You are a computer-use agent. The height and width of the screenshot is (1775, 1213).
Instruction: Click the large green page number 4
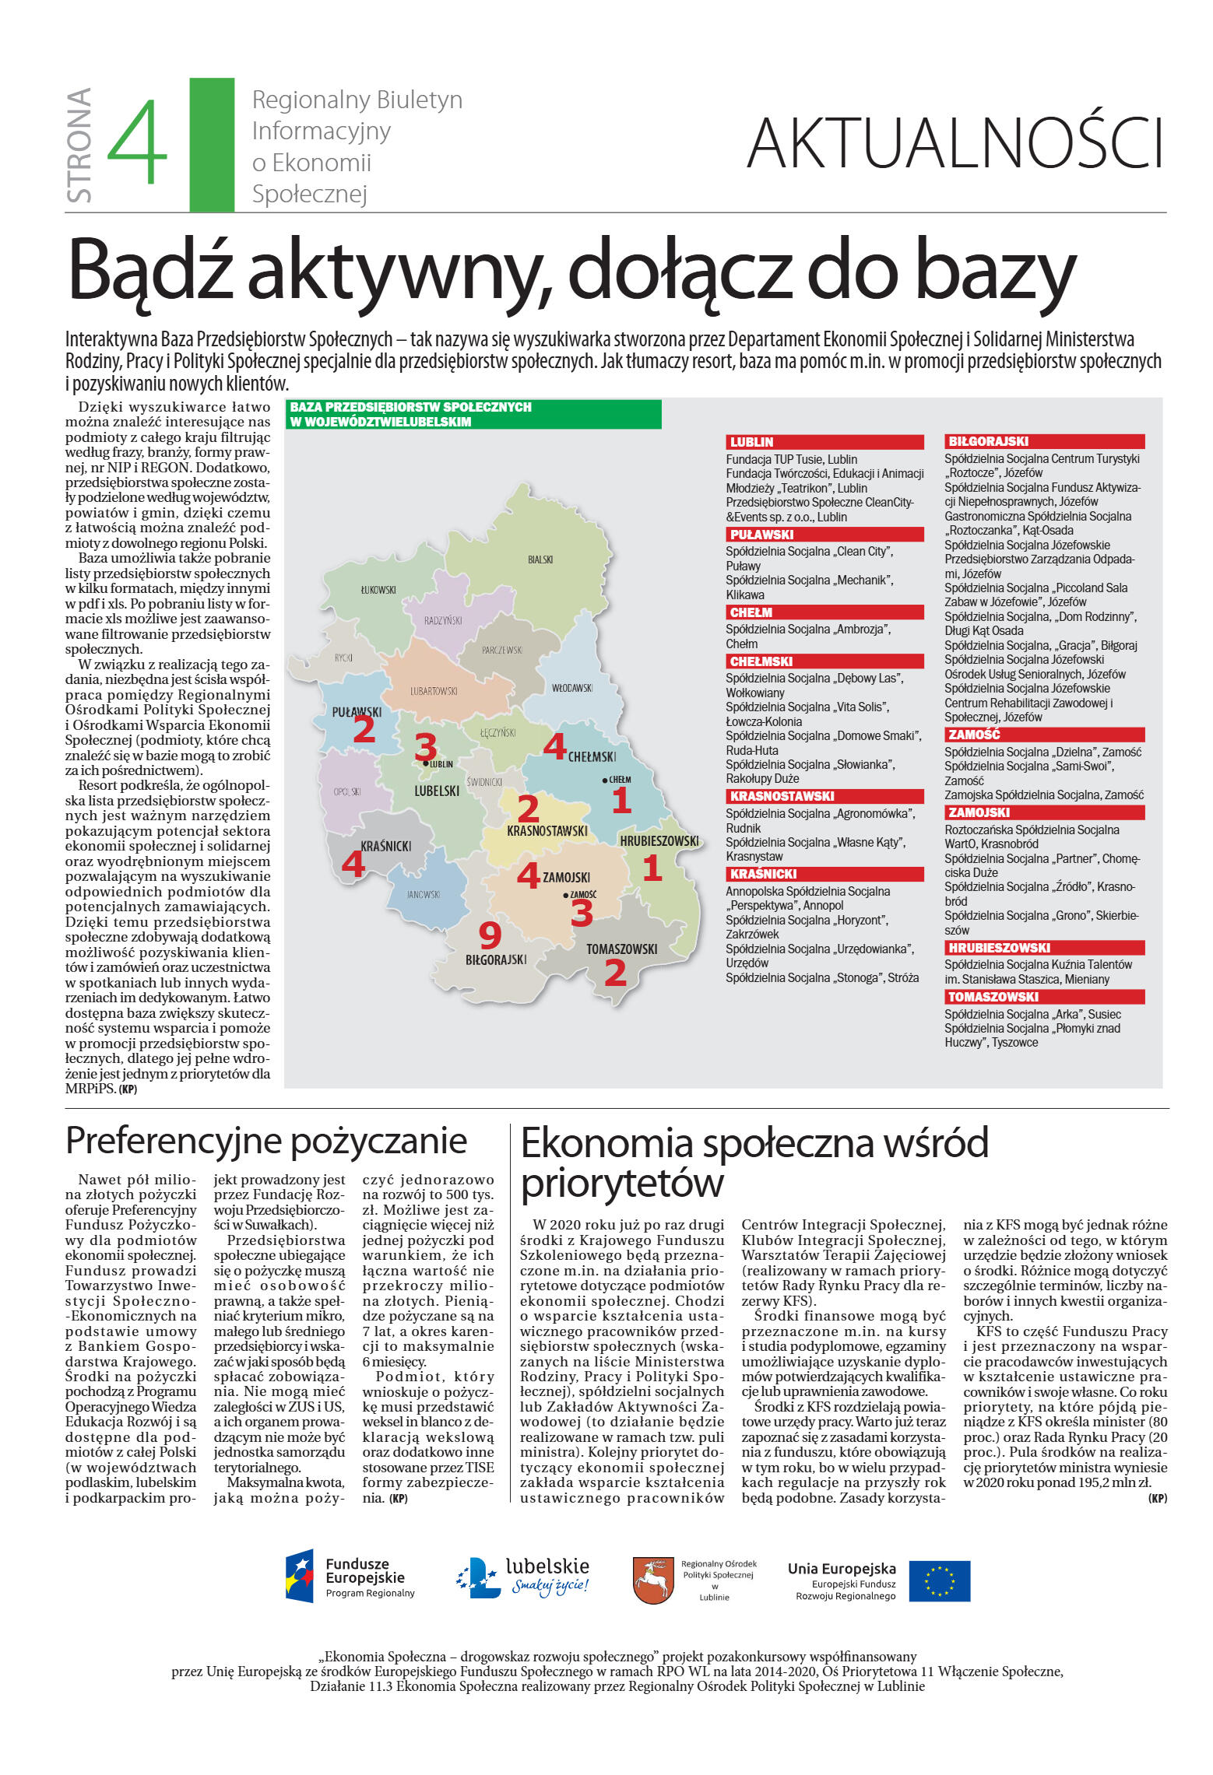[137, 143]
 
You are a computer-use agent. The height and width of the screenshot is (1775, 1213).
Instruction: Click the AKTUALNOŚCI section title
[955, 143]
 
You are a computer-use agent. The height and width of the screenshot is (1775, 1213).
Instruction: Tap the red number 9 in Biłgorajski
[489, 935]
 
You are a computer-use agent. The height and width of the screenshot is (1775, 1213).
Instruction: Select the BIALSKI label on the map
[540, 560]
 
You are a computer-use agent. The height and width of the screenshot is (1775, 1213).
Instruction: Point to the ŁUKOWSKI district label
[378, 590]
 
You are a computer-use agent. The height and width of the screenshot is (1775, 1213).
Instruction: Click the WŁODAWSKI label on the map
[571, 688]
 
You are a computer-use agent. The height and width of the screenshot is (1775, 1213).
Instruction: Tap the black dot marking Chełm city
[604, 780]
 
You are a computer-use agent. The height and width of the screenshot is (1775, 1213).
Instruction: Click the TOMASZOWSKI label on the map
[621, 949]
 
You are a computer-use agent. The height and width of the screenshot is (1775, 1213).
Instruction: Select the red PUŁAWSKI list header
[824, 535]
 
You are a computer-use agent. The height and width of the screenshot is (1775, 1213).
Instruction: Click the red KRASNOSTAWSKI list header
[824, 796]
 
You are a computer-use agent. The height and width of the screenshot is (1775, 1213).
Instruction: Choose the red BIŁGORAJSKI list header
[1043, 441]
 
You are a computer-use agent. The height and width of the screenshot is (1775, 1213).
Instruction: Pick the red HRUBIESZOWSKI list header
[1043, 948]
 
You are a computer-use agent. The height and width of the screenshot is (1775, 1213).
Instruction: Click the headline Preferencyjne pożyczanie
[266, 1141]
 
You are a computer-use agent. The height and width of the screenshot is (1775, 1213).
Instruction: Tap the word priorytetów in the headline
[622, 1184]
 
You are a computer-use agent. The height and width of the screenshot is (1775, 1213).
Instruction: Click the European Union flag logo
[939, 1581]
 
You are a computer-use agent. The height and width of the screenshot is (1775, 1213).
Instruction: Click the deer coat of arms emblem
[652, 1580]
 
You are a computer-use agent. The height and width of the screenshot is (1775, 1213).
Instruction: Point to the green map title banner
[473, 414]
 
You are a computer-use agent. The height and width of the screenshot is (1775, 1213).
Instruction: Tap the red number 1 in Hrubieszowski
[652, 868]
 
